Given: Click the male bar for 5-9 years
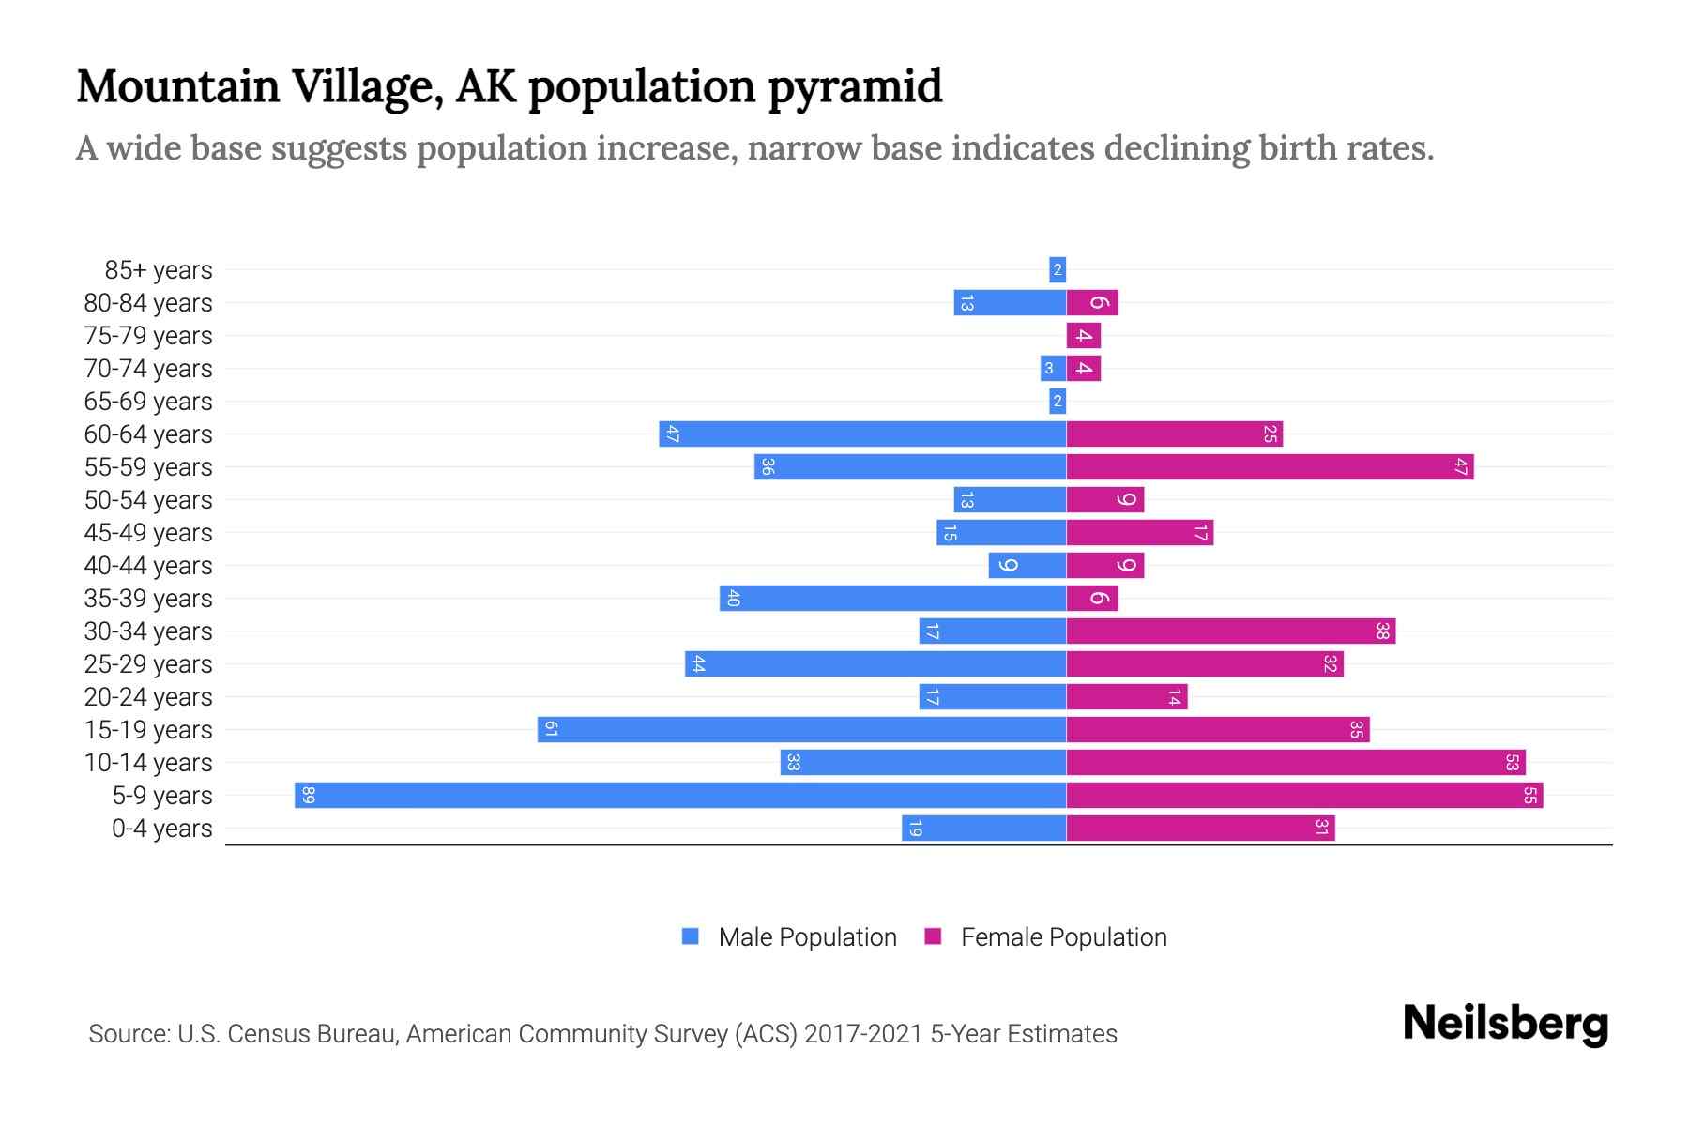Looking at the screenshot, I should (680, 796).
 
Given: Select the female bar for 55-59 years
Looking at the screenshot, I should (1270, 467).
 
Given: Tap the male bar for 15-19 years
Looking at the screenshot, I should (802, 730).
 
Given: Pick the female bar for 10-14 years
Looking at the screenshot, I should (1296, 763).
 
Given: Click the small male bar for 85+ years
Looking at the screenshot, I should (1058, 270).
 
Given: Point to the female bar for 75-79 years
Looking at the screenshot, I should (1084, 336).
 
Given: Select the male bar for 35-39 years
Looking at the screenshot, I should (893, 599).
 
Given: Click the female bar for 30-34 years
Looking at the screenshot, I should (1230, 631).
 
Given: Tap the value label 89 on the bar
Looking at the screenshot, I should (309, 796).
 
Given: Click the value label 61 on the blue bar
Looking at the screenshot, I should (552, 730).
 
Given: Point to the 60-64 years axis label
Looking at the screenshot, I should (148, 434).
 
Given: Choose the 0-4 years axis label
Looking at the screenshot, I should (161, 829).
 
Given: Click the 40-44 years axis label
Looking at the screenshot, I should (148, 566).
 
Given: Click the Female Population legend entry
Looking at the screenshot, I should (1046, 937).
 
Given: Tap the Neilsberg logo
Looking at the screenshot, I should (1505, 1024).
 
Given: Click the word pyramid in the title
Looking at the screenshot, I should (855, 86).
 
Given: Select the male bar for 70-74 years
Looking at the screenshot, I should (1052, 369).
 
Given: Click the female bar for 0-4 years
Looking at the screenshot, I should (1200, 829).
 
